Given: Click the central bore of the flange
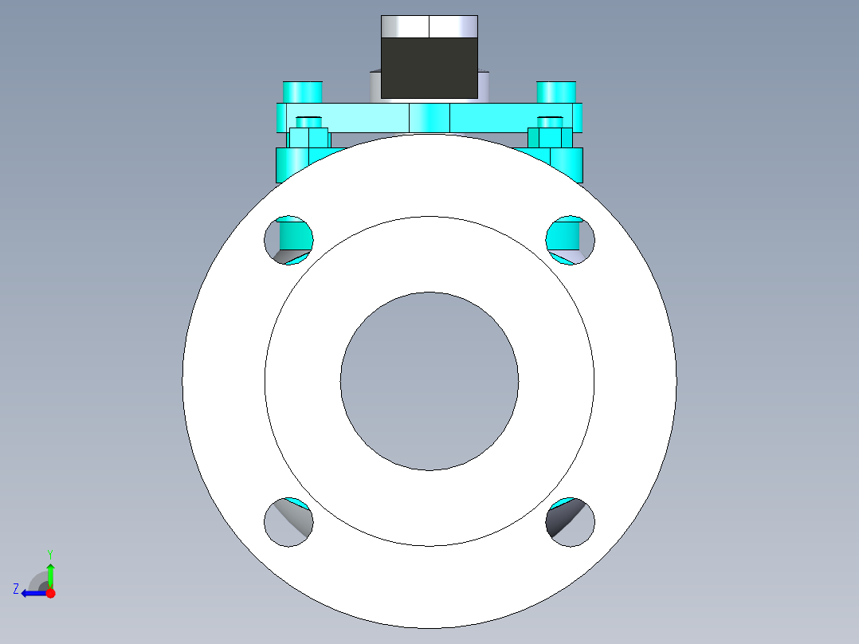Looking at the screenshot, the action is [429, 381].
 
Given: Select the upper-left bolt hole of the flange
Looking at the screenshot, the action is [288, 240].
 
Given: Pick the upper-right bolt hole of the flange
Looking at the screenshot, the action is [571, 240].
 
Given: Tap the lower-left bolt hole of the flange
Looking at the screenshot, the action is [288, 522].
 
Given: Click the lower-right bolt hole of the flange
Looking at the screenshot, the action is [571, 522].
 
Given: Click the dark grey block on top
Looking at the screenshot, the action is [429, 68].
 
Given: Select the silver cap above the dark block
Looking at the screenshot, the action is [429, 27].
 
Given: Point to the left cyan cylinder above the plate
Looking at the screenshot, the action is [303, 92].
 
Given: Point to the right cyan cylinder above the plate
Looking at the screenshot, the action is [556, 92].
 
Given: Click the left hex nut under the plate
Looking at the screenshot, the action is [309, 138].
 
